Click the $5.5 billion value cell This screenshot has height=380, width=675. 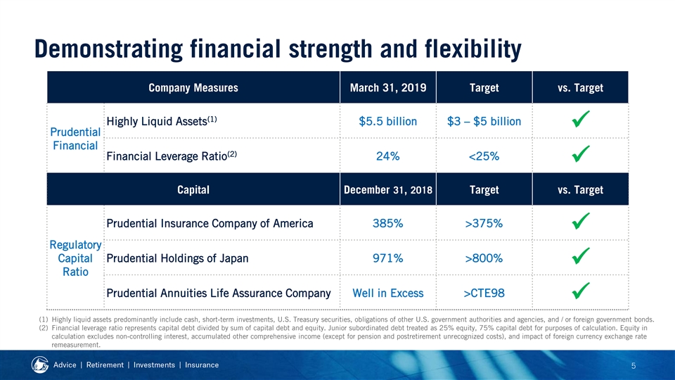388,122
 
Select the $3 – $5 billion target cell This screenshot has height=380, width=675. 484,122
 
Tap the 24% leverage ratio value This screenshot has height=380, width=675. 388,156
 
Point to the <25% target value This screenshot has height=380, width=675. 484,156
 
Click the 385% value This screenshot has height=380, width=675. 388,223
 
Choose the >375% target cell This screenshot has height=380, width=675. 484,223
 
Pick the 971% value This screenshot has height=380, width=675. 388,258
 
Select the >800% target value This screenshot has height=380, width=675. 484,258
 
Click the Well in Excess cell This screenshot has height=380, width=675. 388,293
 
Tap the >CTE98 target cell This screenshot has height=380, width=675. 484,293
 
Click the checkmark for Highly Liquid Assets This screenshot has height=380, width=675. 580,120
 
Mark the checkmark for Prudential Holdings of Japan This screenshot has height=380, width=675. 580,256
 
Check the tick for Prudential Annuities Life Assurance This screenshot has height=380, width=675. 580,291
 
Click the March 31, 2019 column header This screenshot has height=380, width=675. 388,88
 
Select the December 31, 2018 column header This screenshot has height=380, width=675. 388,190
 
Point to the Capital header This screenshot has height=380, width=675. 193,190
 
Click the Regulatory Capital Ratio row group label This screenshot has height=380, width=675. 75,258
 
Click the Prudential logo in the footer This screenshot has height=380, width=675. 39,365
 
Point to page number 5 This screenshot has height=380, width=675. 634,366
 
